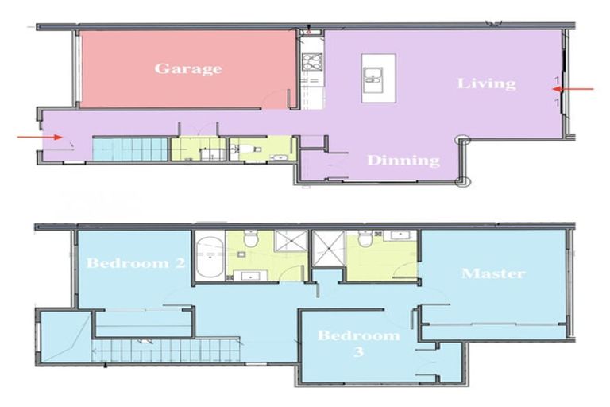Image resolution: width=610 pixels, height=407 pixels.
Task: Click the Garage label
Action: pyautogui.click(x=187, y=68)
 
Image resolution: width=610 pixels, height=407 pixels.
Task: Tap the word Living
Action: pyautogui.click(x=486, y=83)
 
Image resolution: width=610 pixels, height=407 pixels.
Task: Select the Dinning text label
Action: pyautogui.click(x=403, y=161)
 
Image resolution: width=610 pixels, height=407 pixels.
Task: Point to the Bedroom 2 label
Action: pyautogui.click(x=137, y=263)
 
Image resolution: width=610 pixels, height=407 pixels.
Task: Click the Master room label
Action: pyautogui.click(x=493, y=273)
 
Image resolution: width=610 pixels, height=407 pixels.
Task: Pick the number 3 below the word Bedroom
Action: pyautogui.click(x=358, y=351)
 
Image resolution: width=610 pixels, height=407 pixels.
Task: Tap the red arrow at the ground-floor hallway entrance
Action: pyautogui.click(x=40, y=137)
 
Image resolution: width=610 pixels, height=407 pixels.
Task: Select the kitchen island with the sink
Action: pyautogui.click(x=373, y=77)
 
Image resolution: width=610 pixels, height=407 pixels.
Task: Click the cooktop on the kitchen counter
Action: pyautogui.click(x=311, y=62)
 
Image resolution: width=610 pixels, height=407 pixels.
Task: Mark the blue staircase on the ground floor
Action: pyautogui.click(x=130, y=148)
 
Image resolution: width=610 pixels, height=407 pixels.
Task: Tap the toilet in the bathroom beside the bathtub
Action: pyautogui.click(x=250, y=238)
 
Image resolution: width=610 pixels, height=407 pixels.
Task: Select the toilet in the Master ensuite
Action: pyautogui.click(x=365, y=238)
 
